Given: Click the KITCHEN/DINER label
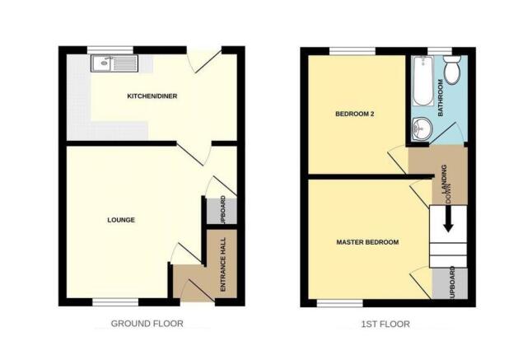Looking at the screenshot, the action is click(x=152, y=96).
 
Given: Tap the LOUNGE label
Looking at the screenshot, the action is click(x=121, y=220).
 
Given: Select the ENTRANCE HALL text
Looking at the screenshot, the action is click(x=223, y=264).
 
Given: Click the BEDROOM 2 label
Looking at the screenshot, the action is click(x=354, y=114).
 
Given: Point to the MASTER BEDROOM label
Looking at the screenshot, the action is click(x=367, y=242).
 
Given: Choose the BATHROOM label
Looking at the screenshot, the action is click(x=441, y=98).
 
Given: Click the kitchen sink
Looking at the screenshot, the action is click(x=114, y=63).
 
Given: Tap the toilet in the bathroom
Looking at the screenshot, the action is click(x=452, y=69).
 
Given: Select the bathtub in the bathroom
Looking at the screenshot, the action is click(x=423, y=81).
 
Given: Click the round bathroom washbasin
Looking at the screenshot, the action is click(x=422, y=129).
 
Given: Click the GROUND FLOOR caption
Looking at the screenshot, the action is click(x=147, y=324).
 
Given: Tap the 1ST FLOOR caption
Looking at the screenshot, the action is click(x=385, y=324).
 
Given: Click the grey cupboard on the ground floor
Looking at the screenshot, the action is click(x=222, y=211).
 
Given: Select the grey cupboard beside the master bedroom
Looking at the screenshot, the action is click(x=450, y=283).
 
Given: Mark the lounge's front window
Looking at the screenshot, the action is click(x=115, y=302).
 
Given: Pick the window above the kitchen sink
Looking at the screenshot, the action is click(x=110, y=50).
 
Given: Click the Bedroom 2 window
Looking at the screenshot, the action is click(x=353, y=51).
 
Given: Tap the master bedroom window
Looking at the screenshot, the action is click(x=340, y=303).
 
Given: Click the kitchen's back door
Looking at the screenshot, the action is click(x=204, y=60).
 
